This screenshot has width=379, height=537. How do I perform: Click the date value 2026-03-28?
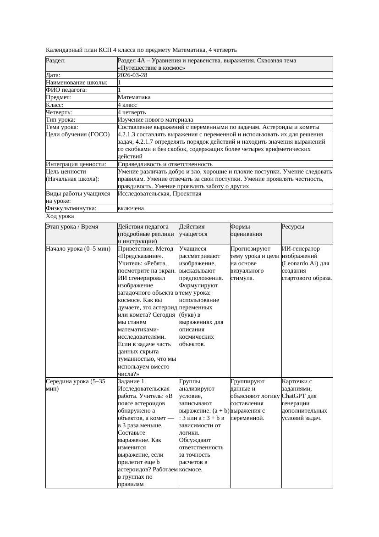pos(132,75)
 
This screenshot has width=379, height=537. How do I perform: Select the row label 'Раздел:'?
pos(56,61)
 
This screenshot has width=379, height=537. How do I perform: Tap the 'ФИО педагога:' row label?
pos(66,90)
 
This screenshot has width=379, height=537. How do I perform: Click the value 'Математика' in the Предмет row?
pos(134,97)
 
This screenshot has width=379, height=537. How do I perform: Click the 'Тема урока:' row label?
pos(62,127)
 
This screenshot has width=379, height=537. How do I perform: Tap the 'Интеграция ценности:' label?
pos(76,164)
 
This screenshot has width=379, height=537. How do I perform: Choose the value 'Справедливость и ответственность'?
pos(165,164)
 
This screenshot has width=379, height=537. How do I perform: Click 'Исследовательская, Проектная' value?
pos(159,194)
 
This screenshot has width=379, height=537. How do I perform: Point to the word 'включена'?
pos(131,208)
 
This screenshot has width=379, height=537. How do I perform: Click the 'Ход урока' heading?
pos(60,216)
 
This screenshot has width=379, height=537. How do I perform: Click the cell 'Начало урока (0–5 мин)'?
pos(78,249)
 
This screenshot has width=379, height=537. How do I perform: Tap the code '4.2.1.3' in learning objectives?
pos(126,134)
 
